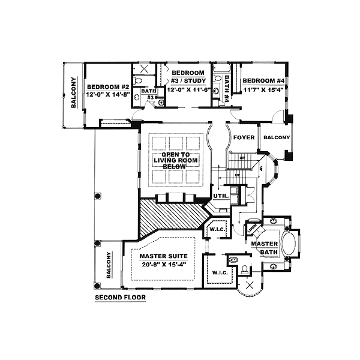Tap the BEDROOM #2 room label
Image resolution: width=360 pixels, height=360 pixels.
(108, 85)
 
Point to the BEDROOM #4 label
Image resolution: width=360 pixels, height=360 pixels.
(263, 80)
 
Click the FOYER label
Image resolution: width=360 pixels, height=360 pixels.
(244, 138)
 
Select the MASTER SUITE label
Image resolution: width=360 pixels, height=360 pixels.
(159, 255)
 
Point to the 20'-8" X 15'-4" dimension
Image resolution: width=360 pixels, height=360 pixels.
(159, 264)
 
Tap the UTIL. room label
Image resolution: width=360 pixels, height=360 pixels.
(219, 196)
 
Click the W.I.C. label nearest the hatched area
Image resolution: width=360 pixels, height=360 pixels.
(216, 230)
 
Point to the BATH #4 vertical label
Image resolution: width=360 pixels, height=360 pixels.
(227, 88)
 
